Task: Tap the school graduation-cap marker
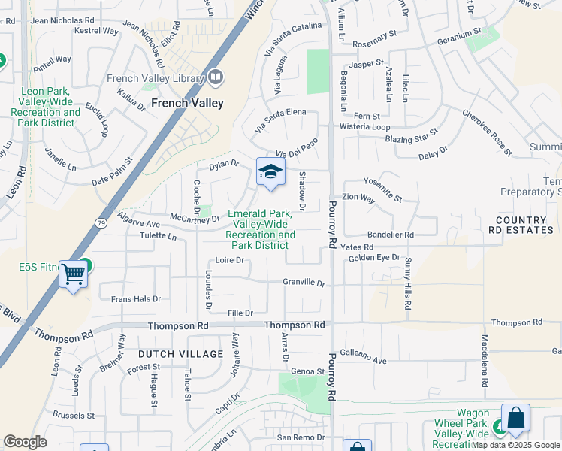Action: point(270,172)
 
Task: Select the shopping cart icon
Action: point(73,274)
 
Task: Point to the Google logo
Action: point(25,442)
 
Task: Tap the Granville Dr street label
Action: point(304,283)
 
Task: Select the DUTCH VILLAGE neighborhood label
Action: point(180,354)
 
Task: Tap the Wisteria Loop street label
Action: point(364,127)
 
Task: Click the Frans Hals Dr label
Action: point(136,298)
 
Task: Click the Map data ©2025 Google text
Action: point(516,445)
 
